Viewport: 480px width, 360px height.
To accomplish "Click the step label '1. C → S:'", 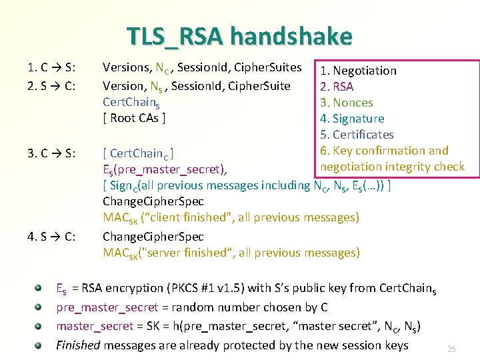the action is [51, 67].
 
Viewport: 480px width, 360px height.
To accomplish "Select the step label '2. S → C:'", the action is [51, 85].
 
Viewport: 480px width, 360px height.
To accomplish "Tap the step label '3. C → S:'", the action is [51, 154].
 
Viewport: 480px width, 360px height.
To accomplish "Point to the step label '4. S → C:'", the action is [51, 237].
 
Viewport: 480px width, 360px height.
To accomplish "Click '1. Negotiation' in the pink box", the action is [358, 71].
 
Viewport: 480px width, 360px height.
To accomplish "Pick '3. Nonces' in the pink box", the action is [346, 103].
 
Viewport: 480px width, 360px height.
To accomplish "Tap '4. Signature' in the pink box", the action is [352, 119].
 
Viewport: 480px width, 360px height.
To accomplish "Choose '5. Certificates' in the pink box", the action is [357, 135].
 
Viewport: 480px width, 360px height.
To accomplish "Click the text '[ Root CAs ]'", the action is [134, 119].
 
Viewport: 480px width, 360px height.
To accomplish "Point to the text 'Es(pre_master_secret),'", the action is [165, 167].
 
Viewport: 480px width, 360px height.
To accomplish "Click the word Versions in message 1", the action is [125, 67].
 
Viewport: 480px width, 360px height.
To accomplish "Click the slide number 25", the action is [451, 349].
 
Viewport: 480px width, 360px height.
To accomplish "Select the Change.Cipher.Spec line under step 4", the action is [153, 237].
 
